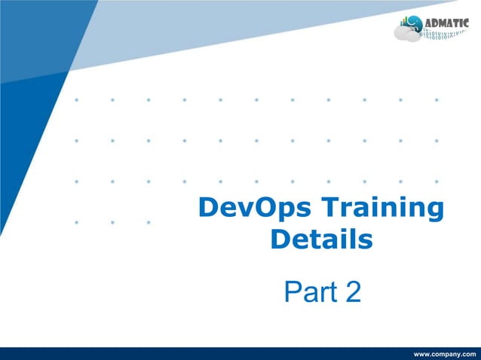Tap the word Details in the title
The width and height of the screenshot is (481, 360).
(x=321, y=240)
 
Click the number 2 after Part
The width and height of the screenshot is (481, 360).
(x=351, y=292)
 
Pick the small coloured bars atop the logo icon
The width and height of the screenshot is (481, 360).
(x=405, y=20)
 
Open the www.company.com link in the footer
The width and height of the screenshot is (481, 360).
(x=445, y=354)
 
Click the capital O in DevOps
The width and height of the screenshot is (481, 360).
(x=264, y=209)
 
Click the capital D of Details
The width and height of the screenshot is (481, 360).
(x=280, y=240)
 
